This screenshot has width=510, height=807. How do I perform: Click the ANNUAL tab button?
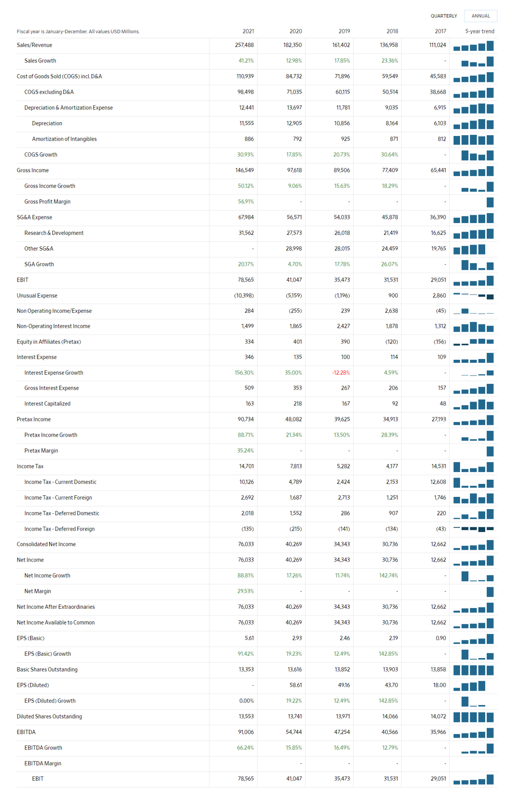point(480,16)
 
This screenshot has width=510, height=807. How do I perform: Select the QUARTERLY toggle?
point(443,16)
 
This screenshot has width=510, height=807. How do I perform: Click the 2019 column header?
point(344,31)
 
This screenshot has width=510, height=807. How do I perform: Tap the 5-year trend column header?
point(479,31)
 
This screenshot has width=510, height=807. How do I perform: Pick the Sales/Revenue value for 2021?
point(244,45)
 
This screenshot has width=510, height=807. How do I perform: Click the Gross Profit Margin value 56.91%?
point(246,201)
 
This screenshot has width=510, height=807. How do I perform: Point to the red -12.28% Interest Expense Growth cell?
point(341,372)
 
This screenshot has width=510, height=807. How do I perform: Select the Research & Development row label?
point(54,233)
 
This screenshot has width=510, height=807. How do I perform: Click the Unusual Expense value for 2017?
point(439,295)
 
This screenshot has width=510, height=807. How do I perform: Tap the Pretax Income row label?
point(34,419)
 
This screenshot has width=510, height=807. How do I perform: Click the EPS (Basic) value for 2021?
point(249,638)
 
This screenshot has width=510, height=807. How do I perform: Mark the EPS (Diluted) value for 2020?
point(296,685)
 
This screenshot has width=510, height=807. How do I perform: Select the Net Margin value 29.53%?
point(246,591)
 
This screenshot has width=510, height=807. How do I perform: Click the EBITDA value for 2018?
point(390,732)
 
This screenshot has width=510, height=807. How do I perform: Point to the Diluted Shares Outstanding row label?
point(49,716)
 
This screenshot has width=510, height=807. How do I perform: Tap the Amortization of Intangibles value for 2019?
point(345,139)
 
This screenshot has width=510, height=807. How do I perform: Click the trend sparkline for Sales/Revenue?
point(473,46)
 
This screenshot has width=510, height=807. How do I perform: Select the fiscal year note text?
point(78,32)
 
